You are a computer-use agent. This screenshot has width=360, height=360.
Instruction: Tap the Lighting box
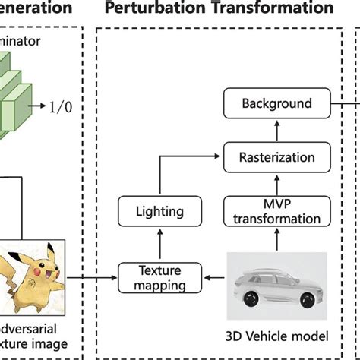(x=158, y=212)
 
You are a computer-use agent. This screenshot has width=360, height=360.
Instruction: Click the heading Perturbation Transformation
(x=219, y=9)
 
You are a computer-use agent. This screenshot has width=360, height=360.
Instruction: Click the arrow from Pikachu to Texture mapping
(x=95, y=277)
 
